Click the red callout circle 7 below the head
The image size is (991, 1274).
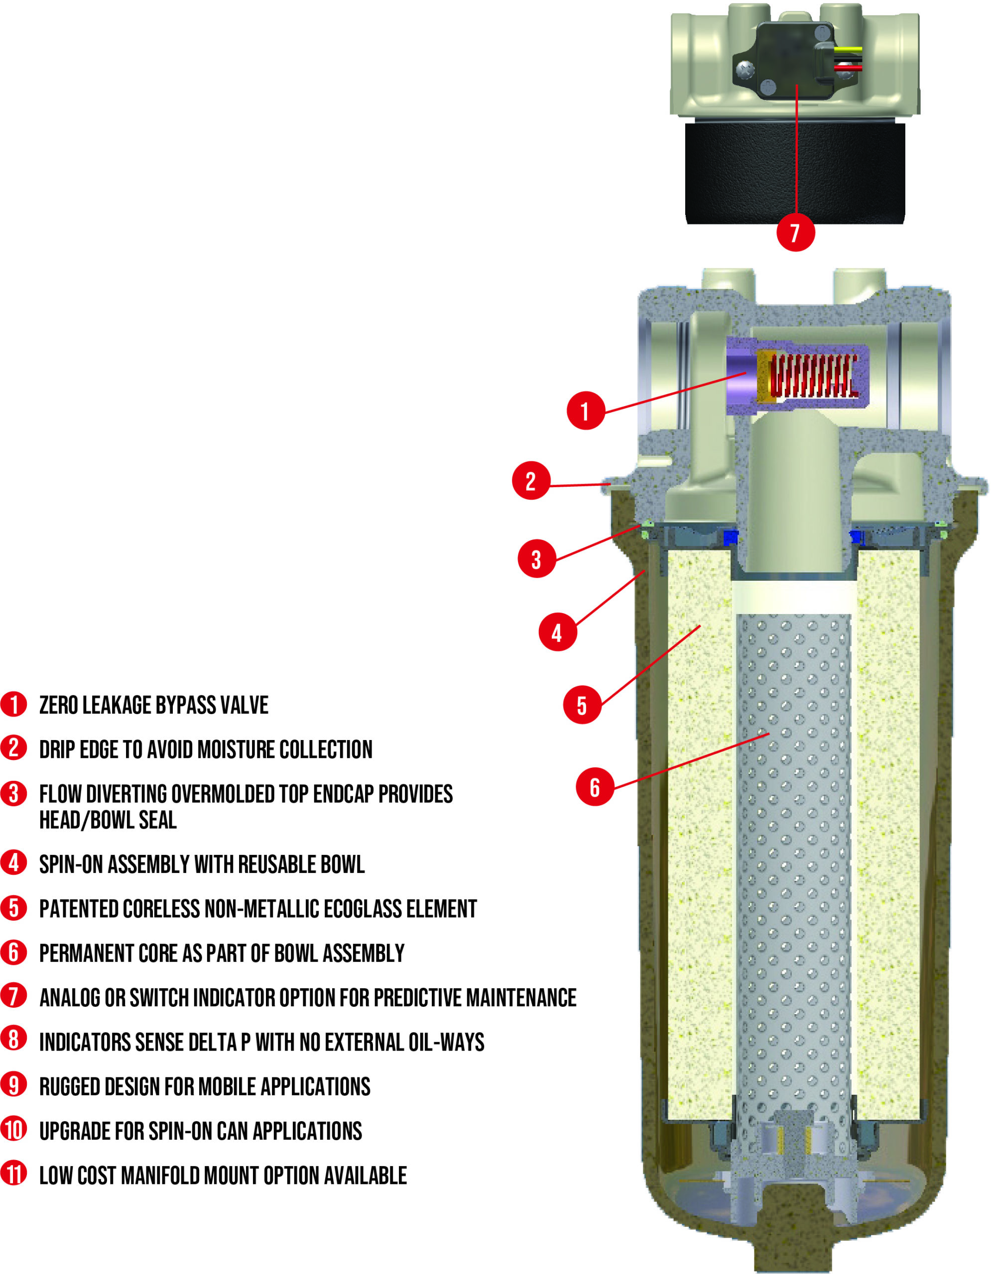click(795, 232)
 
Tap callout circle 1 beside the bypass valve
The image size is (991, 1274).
click(585, 411)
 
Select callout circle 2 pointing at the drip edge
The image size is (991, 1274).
click(530, 481)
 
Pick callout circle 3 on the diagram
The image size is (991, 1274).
click(536, 559)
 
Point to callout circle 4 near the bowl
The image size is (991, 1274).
click(557, 632)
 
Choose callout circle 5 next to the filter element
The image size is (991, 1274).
click(582, 705)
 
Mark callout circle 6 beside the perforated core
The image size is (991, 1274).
click(595, 787)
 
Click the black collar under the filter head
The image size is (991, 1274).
click(795, 173)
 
